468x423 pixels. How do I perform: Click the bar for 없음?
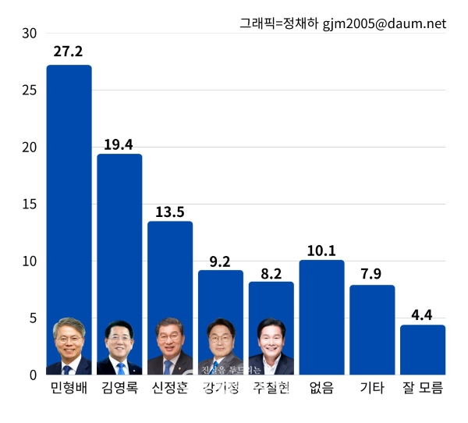[x=321, y=317]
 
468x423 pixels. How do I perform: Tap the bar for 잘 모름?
[x=423, y=350]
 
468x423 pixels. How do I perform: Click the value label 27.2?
[x=69, y=52]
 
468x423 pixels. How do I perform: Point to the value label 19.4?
[x=119, y=144]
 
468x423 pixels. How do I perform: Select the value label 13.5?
[x=170, y=211]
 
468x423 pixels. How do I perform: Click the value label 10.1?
[x=321, y=251]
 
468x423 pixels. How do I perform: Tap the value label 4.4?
[x=423, y=315]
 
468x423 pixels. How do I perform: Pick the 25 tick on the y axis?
[x=29, y=91]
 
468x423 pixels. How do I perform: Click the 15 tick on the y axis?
[x=29, y=204]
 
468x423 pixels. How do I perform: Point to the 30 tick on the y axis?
[x=29, y=34]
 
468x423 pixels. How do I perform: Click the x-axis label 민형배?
[x=69, y=388]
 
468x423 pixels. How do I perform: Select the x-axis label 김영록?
[x=119, y=388]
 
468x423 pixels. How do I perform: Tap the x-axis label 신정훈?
[x=170, y=388]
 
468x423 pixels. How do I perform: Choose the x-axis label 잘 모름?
[x=423, y=388]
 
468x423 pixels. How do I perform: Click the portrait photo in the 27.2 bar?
[x=69, y=348]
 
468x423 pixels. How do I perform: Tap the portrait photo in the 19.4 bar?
[x=119, y=348]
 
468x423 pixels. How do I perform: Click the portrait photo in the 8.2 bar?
[x=271, y=348]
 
